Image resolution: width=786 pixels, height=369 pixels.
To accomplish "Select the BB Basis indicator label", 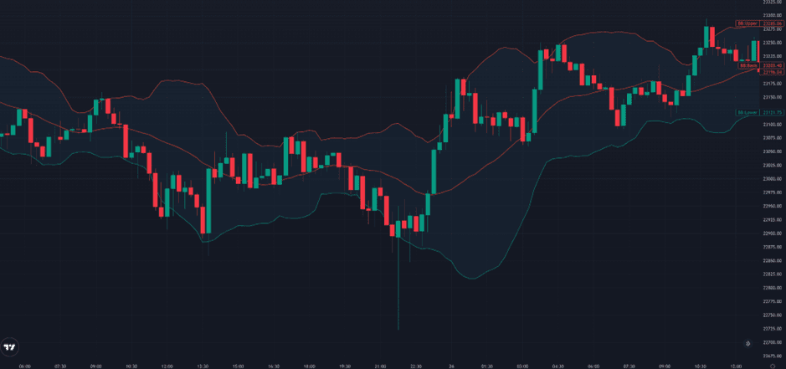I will [x=747, y=65].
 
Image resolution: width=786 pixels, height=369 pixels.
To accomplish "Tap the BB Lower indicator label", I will [x=747, y=112].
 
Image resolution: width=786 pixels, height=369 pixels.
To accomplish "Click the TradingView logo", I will [x=10, y=347].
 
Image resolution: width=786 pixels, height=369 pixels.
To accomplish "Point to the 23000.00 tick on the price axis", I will [x=772, y=179].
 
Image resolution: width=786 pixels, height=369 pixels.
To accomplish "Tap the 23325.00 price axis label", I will [x=772, y=3].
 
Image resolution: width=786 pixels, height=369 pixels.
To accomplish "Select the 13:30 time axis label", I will [x=203, y=366].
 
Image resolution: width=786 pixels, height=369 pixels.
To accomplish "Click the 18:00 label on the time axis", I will [x=310, y=366].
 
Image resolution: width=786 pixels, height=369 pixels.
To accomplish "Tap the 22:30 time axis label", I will [x=416, y=366].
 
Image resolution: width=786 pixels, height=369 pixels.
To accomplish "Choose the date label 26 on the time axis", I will [x=451, y=366].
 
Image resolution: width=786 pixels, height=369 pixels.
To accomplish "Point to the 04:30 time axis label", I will [x=558, y=366].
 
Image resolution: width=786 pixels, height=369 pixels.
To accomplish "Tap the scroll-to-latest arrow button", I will [x=747, y=344].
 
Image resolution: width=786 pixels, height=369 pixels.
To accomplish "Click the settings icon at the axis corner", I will [x=772, y=366].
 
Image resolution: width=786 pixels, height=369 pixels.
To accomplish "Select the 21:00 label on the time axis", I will [x=381, y=366].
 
